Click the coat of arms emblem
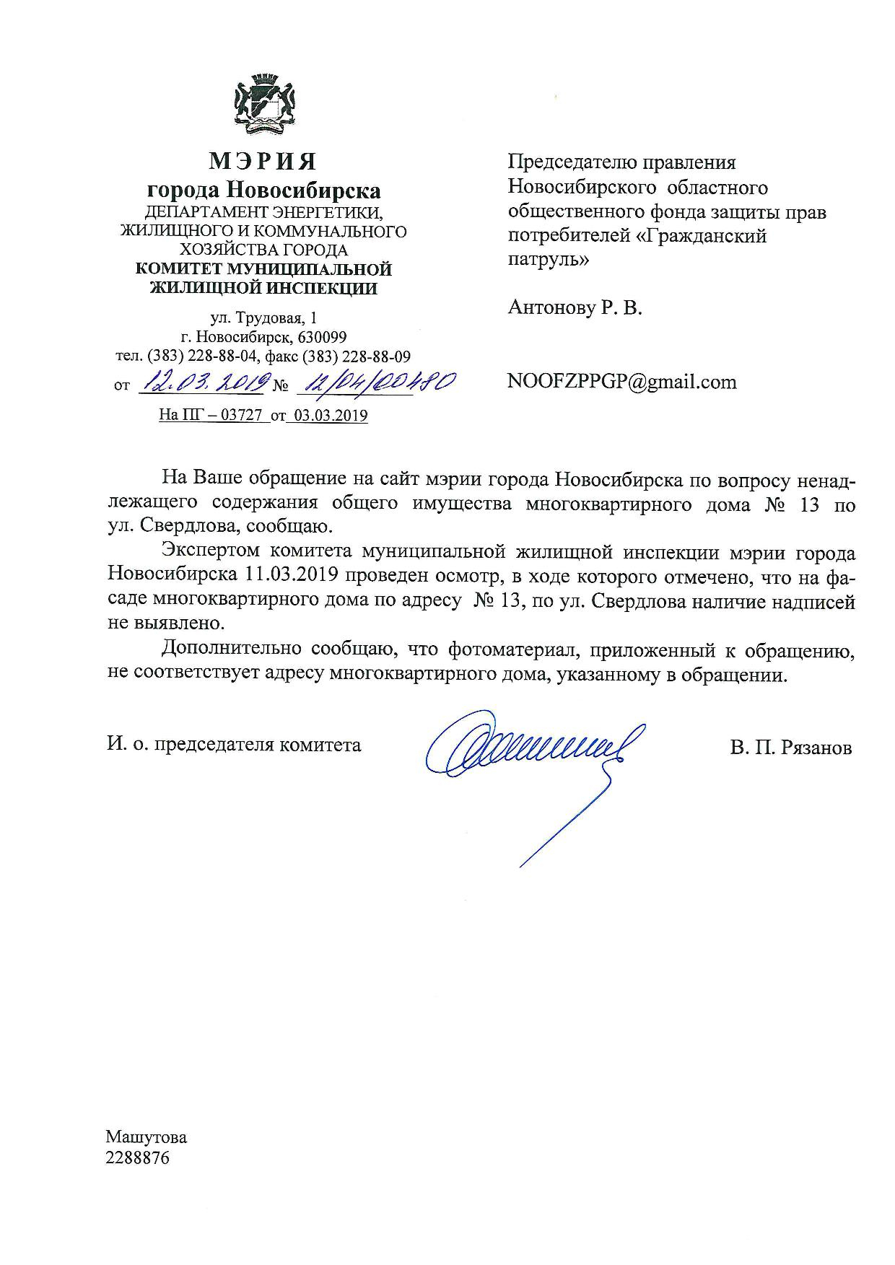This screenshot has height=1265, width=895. (263, 106)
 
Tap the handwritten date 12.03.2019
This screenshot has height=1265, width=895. (204, 383)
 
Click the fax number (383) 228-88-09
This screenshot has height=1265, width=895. (357, 356)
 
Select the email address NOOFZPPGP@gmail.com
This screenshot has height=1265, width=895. (621, 382)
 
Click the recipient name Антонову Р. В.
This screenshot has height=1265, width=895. (575, 308)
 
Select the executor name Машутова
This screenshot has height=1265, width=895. (147, 1138)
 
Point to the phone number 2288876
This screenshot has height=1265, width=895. (138, 1159)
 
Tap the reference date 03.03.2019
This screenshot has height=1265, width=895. (327, 416)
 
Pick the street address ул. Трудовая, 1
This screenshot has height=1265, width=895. (263, 318)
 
